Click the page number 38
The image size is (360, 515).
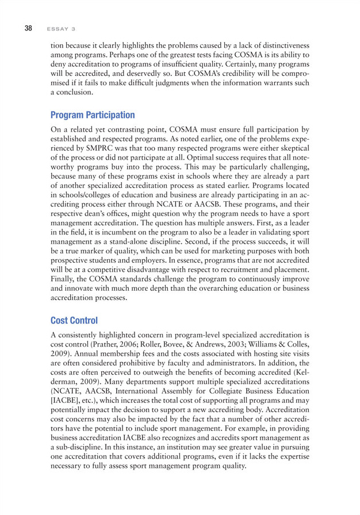click(27, 26)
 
